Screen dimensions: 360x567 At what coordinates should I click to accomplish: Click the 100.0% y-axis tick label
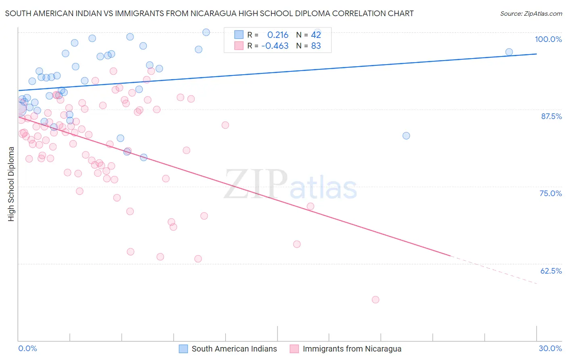tap(548, 39)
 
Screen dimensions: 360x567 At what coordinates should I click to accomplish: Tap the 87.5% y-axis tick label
tap(551, 116)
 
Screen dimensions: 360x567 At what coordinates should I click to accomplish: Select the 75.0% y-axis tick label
tap(550, 193)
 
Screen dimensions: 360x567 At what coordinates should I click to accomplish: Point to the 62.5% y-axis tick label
tap(551, 271)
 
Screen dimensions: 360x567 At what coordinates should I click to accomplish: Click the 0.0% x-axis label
tap(27, 348)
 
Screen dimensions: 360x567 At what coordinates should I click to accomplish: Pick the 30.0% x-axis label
tap(550, 348)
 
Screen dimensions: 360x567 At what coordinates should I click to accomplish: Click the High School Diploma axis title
tap(11, 184)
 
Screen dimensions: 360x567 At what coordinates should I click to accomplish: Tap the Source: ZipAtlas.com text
tap(531, 14)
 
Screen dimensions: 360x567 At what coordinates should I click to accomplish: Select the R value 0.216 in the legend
tap(278, 35)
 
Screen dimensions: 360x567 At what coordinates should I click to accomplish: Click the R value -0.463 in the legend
tap(275, 46)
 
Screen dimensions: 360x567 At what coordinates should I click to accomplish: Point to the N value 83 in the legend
tap(316, 46)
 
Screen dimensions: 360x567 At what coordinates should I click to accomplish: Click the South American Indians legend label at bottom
tap(234, 349)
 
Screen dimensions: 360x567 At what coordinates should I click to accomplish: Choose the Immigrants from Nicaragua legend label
tap(352, 349)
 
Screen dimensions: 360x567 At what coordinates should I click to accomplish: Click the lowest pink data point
tap(375, 299)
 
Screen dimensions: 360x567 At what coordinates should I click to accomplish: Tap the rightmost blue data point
tap(509, 52)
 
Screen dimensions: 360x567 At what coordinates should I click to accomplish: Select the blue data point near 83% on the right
tap(406, 136)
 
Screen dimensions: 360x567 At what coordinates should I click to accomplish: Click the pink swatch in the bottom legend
tap(294, 349)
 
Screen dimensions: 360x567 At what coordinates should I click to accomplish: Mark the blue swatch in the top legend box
tap(239, 35)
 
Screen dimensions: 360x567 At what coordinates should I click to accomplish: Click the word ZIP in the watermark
tap(255, 184)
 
